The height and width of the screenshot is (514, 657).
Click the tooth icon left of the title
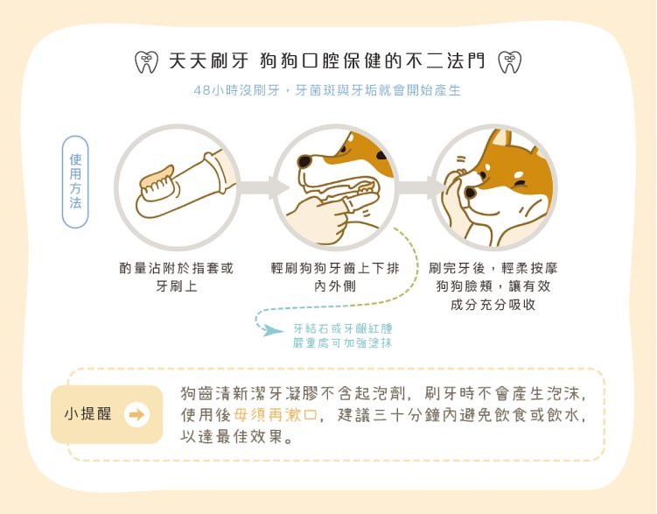[x=146, y=62]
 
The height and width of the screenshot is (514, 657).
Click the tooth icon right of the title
[x=509, y=62]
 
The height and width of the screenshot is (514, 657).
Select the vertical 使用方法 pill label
[x=75, y=181]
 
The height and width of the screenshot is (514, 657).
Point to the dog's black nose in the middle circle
[x=304, y=161]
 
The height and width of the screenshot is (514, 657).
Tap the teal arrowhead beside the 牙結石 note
[x=272, y=330]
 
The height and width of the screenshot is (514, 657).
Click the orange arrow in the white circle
[x=136, y=415]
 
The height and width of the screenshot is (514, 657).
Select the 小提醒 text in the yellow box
[x=88, y=414]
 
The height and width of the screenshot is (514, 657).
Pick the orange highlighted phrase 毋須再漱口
[x=275, y=415]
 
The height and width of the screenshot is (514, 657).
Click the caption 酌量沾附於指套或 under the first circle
[x=176, y=268]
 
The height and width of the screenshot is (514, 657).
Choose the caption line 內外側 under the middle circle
[x=335, y=286]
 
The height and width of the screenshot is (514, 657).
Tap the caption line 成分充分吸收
[x=493, y=305]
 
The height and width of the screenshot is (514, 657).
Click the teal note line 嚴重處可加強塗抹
[x=342, y=343]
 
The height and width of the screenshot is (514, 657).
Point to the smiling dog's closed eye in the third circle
[x=520, y=184]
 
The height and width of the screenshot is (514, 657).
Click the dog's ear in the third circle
[x=500, y=138]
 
